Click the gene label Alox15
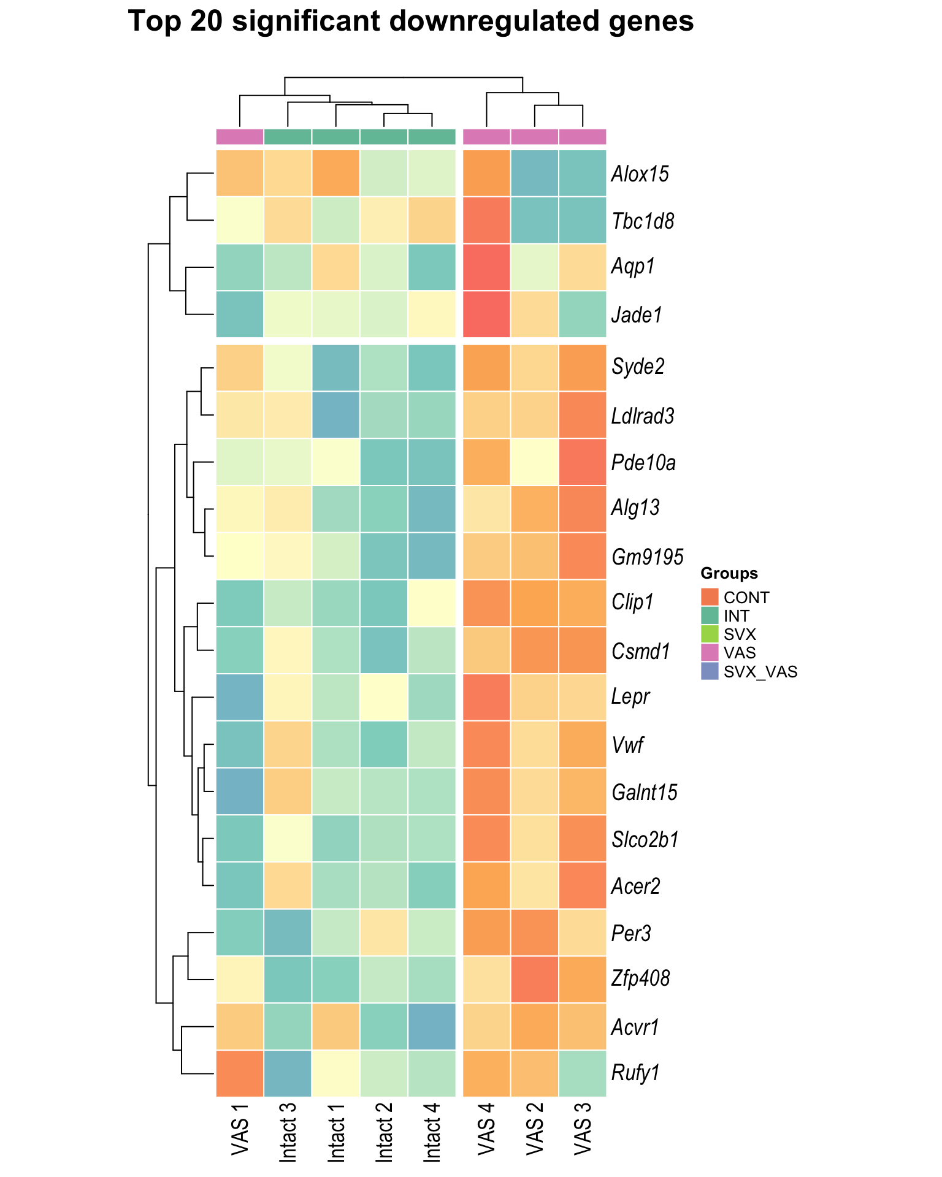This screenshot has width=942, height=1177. coord(640,174)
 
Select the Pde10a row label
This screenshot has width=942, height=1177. coord(643,462)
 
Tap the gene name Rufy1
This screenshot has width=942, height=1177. coord(635,1073)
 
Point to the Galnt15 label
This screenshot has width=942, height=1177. coord(645,792)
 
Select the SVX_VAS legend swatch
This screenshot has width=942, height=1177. coord(710,671)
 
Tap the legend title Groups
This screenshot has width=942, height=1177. coord(729,573)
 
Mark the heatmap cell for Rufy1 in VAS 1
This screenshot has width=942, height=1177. coord(240,1073)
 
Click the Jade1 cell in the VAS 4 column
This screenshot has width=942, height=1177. coord(486,314)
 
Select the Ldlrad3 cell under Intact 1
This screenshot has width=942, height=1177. coord(336,415)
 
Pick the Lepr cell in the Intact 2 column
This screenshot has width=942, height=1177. coord(384,697)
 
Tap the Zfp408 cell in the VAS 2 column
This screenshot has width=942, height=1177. coord(534,979)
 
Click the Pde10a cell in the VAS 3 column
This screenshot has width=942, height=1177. coord(583,462)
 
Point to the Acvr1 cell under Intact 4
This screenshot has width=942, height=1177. coord(432,1026)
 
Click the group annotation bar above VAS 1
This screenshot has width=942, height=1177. coord(240,137)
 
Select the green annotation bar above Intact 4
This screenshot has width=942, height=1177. coord(432,137)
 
